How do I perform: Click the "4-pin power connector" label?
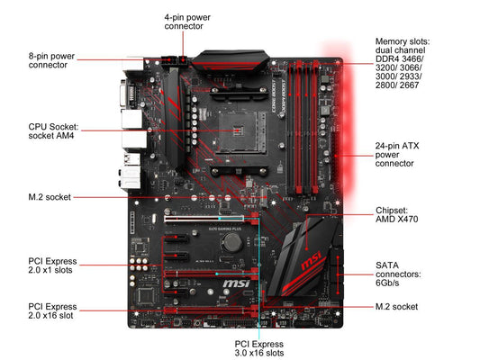[187, 22]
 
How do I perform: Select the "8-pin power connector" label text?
[51, 60]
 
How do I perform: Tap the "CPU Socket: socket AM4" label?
[53, 131]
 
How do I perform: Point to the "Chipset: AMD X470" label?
[397, 215]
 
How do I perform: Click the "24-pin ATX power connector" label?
[397, 155]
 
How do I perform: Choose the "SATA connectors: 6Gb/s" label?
[398, 274]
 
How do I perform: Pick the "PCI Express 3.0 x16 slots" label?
[259, 348]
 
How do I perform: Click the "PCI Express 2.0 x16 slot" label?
[52, 311]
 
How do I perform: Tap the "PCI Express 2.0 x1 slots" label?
[52, 265]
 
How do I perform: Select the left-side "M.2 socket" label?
[50, 197]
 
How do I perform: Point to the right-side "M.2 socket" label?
[396, 307]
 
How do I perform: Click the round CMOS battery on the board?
[231, 242]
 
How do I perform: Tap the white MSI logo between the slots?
[236, 283]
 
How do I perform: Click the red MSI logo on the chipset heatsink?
[312, 261]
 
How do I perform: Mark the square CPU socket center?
[238, 130]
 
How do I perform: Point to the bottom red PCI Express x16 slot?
[212, 310]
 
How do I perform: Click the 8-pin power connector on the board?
[168, 60]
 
